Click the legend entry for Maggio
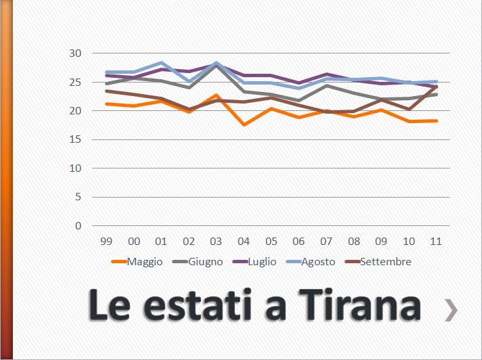click(137, 262)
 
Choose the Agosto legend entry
click(310, 262)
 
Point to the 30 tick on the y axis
click(75, 53)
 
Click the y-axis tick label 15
click(75, 140)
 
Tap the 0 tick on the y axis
click(79, 226)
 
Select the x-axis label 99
click(106, 241)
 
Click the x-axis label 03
click(216, 241)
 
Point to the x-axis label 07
click(326, 241)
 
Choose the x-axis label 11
click(436, 241)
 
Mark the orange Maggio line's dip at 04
click(244, 125)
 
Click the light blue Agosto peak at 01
click(161, 62)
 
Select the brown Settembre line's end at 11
click(436, 87)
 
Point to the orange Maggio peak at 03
click(216, 95)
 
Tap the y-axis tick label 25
click(75, 83)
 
